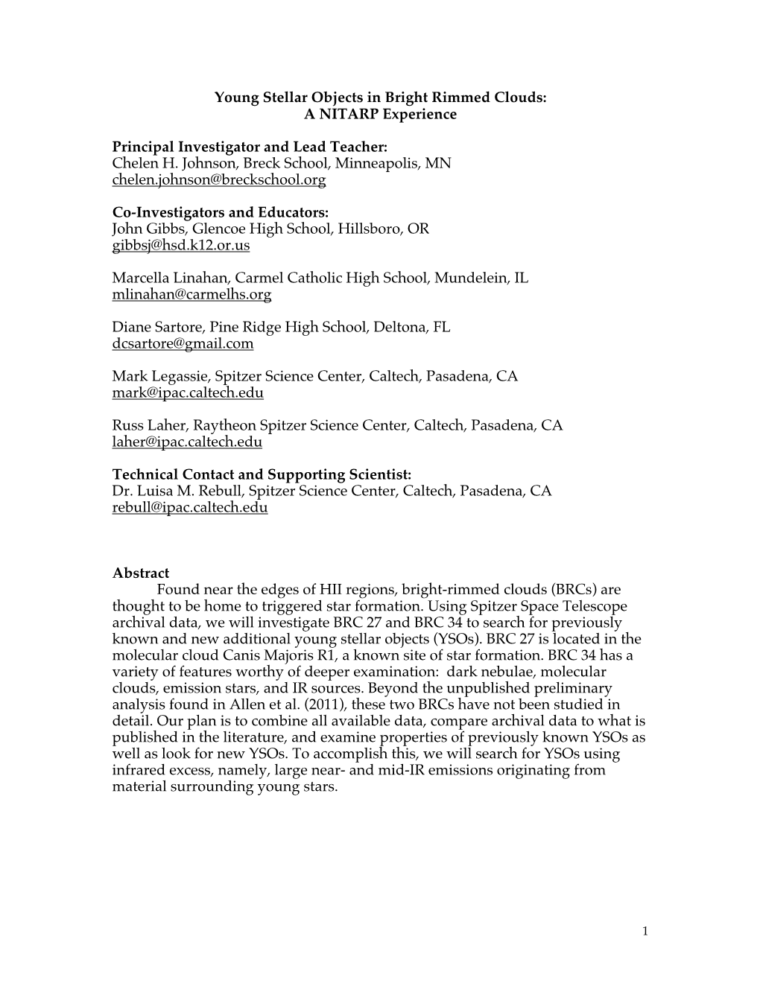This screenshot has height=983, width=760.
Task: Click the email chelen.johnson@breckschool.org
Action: (218, 180)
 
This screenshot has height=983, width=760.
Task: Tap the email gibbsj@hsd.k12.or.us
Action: (181, 246)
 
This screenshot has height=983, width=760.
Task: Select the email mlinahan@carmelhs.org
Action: (191, 295)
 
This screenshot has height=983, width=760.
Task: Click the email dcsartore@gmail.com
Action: (183, 344)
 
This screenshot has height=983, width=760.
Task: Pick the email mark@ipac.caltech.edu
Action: (188, 393)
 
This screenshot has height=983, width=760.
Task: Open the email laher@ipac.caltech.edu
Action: (187, 442)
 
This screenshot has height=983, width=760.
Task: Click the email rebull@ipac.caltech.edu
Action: (190, 508)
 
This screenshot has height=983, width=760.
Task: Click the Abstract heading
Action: (141, 573)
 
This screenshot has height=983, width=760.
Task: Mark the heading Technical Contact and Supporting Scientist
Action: (262, 475)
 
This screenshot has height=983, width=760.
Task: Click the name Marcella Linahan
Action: (170, 279)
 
